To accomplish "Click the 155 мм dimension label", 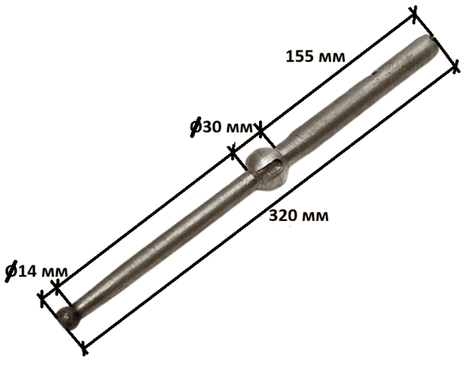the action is click(x=315, y=56).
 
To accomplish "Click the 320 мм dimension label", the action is click(x=299, y=216).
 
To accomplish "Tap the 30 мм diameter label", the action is click(x=222, y=127).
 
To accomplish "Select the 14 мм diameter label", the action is click(x=36, y=271).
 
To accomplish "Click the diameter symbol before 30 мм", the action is click(x=196, y=127).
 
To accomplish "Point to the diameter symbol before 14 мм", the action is click(x=12, y=271).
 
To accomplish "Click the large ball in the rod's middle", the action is click(x=265, y=170).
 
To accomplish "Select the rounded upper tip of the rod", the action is click(x=431, y=45).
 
